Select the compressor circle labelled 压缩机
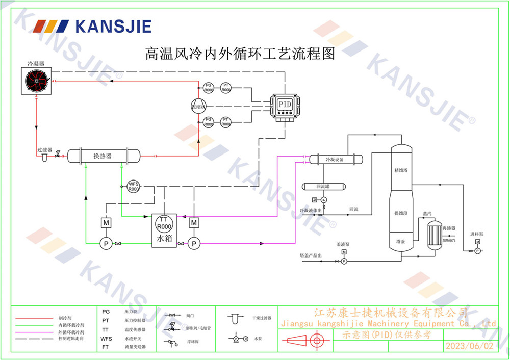[198, 106]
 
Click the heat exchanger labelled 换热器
[103, 156]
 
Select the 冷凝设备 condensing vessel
[335, 160]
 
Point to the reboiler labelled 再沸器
[435, 235]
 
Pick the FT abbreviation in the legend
[106, 347]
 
